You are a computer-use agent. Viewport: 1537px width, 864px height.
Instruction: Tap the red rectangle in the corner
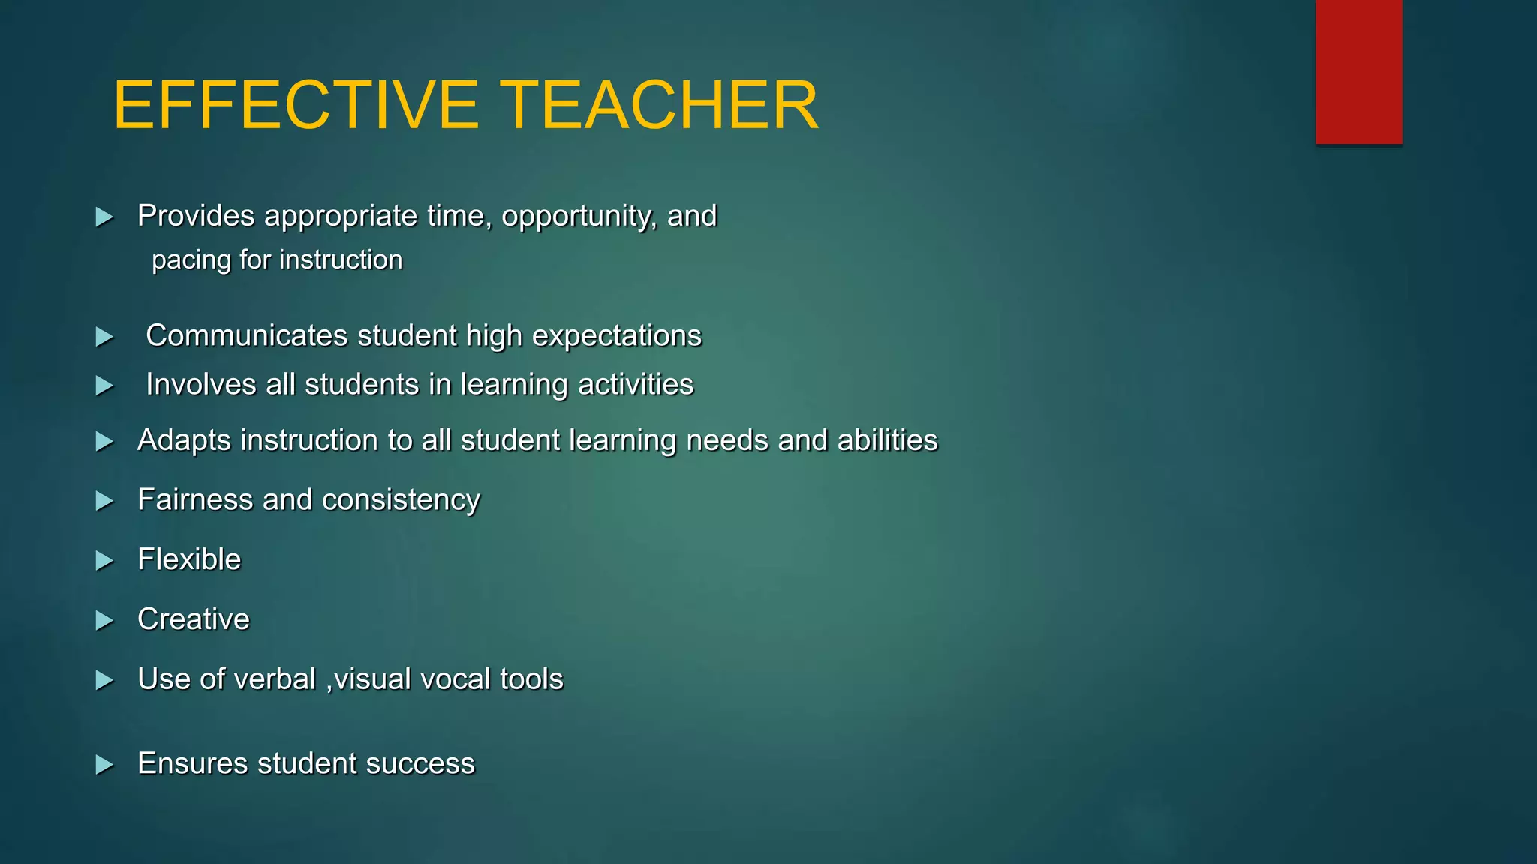click(x=1358, y=71)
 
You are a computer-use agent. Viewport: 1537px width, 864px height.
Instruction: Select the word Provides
click(x=196, y=216)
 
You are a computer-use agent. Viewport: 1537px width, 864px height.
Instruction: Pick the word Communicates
click(x=247, y=335)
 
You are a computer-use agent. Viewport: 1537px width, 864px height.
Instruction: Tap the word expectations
click(x=616, y=336)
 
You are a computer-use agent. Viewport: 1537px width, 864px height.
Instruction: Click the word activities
click(x=636, y=384)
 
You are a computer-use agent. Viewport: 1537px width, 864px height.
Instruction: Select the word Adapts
click(x=184, y=440)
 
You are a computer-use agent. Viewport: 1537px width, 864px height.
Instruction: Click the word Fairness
click(x=195, y=499)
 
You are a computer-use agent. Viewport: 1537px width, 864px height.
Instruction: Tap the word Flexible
click(x=189, y=559)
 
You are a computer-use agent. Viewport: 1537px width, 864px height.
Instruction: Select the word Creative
click(x=194, y=619)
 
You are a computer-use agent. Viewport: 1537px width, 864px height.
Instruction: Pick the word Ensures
click(x=192, y=763)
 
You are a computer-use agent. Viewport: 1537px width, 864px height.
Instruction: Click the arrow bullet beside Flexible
click(x=104, y=561)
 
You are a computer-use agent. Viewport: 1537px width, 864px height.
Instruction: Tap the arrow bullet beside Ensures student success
click(x=104, y=765)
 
